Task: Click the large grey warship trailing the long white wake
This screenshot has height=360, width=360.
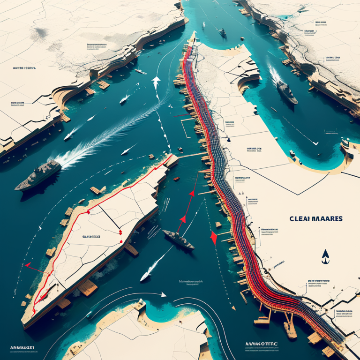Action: [x=38, y=175]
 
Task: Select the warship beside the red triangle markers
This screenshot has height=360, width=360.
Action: [x=179, y=239]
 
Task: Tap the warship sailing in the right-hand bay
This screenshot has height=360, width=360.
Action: [x=286, y=92]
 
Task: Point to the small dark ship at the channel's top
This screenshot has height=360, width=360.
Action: [x=223, y=33]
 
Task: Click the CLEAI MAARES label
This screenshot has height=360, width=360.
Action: [x=316, y=218]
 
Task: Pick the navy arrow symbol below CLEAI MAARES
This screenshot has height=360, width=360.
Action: [x=325, y=256]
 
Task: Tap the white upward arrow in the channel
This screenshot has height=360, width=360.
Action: [x=156, y=82]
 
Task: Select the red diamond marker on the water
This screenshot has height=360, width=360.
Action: [x=214, y=238]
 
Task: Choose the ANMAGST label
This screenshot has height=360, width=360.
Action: [x=22, y=347]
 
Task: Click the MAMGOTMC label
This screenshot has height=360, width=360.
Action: [x=261, y=344]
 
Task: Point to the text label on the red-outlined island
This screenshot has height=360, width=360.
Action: [x=92, y=237]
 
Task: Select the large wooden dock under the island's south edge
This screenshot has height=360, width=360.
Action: [x=87, y=287]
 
